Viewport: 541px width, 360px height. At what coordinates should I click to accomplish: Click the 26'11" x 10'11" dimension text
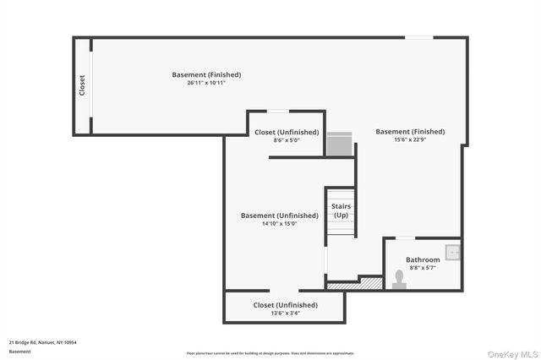click(x=206, y=83)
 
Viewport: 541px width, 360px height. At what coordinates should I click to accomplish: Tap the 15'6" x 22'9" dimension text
click(x=410, y=140)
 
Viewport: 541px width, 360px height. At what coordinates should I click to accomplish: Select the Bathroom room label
click(x=423, y=259)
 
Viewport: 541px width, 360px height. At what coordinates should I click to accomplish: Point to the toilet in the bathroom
click(x=399, y=279)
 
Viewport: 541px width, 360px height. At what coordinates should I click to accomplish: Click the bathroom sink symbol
click(x=454, y=251)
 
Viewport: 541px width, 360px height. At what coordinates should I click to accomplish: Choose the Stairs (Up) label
click(x=341, y=211)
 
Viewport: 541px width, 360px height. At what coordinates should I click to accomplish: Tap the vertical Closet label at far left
click(x=82, y=85)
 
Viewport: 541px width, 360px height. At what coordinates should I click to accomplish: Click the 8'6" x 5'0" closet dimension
click(x=287, y=140)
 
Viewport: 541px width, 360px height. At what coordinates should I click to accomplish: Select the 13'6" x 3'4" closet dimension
click(x=285, y=314)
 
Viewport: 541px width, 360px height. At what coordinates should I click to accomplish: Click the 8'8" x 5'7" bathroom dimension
click(x=423, y=268)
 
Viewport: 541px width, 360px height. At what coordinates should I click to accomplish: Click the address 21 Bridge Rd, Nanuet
click(x=43, y=342)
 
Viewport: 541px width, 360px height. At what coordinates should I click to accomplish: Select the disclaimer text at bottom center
click(x=270, y=353)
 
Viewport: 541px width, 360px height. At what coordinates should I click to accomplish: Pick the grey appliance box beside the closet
click(x=339, y=144)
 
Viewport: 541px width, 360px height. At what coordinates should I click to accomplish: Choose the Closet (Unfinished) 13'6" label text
click(x=285, y=305)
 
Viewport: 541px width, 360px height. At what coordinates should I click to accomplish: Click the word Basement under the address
click(x=19, y=352)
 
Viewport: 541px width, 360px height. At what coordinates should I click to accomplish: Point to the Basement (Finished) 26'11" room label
click(x=206, y=74)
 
